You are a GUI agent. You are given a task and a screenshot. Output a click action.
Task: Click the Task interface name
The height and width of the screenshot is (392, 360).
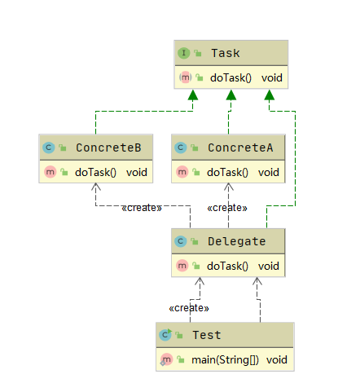click(x=226, y=53)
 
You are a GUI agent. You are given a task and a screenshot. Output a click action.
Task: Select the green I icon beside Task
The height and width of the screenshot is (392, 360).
click(x=184, y=53)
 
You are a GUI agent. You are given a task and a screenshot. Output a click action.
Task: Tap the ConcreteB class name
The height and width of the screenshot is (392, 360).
click(x=108, y=148)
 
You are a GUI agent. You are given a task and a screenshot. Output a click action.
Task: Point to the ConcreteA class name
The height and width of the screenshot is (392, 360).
click(x=240, y=148)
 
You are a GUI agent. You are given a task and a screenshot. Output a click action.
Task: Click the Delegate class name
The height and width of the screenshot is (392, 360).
click(x=236, y=241)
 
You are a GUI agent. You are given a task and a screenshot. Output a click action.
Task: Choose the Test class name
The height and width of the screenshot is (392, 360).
click(x=207, y=335)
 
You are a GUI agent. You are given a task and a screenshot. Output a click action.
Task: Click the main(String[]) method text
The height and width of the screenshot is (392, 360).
click(x=225, y=359)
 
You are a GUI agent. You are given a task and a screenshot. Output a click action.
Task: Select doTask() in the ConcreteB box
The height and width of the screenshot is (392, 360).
click(x=95, y=172)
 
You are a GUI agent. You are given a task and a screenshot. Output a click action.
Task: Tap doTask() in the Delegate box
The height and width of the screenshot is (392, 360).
click(x=227, y=266)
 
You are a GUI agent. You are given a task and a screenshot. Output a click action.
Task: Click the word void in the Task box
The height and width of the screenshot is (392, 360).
click(x=272, y=78)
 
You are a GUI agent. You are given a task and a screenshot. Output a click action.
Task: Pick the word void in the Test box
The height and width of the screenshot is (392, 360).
click(x=277, y=359)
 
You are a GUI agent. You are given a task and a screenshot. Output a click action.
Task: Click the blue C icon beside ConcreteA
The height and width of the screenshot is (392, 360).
click(x=180, y=148)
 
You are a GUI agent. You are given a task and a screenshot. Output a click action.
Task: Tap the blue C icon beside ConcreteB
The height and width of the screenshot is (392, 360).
click(x=49, y=148)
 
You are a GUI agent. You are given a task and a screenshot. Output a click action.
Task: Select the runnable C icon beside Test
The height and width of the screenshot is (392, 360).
click(x=165, y=335)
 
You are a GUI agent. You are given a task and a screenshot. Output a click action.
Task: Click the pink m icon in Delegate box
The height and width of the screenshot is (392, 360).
click(x=182, y=266)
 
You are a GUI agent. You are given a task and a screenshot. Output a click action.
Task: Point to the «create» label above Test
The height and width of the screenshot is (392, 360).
click(x=189, y=308)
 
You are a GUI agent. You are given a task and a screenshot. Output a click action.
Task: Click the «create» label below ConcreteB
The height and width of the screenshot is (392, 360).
click(x=142, y=208)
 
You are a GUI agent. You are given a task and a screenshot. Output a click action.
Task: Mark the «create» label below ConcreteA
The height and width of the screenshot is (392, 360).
click(x=227, y=208)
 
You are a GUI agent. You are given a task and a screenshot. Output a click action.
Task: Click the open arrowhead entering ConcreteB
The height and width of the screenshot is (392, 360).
click(x=95, y=187)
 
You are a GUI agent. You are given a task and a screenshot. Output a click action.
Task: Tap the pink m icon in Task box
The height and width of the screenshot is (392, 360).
click(x=185, y=77)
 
